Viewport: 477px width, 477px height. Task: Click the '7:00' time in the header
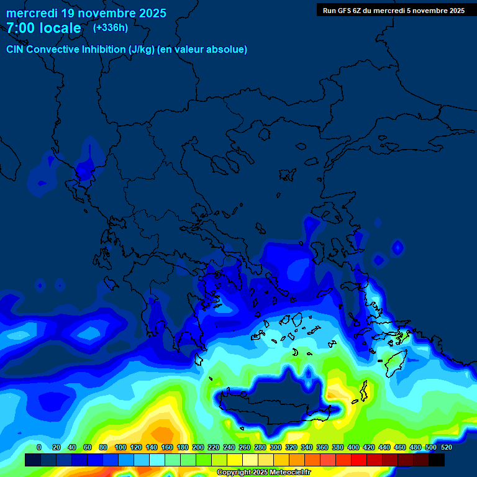[19, 28]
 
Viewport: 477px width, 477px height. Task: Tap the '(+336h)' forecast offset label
[110, 27]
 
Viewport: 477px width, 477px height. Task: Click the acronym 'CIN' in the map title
[16, 49]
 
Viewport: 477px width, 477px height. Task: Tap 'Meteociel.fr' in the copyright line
[290, 473]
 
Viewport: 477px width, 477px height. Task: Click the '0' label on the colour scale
[39, 447]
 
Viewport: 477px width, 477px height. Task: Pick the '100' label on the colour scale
[120, 447]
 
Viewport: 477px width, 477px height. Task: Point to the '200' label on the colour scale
[198, 447]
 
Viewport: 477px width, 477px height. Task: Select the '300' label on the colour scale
[275, 447]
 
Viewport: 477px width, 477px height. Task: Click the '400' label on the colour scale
[353, 447]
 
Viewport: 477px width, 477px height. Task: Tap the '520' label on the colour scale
[446, 447]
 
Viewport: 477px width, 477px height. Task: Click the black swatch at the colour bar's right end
[437, 460]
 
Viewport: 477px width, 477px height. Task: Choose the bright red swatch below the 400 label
[359, 460]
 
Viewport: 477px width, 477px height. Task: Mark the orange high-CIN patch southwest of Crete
[163, 432]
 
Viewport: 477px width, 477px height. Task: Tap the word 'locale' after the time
[60, 28]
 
